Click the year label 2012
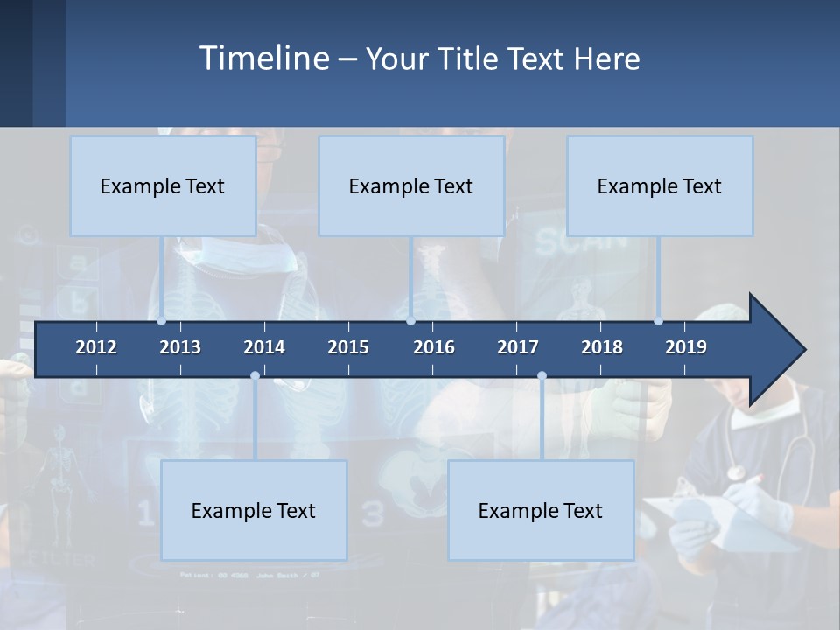[96, 347]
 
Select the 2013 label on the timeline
[180, 347]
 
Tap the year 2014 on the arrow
[264, 347]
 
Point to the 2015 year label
[348, 347]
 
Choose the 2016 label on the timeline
[434, 347]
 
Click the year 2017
[518, 347]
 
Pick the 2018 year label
[602, 347]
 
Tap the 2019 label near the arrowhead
[686, 347]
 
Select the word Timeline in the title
[263, 59]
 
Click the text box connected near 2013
[163, 185]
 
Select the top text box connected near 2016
[411, 185]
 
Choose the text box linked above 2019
[660, 185]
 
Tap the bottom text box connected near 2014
[254, 510]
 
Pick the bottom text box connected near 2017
[541, 510]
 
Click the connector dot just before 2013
[162, 321]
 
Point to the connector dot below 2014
[255, 376]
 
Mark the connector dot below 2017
[542, 376]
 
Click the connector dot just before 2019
[659, 321]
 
